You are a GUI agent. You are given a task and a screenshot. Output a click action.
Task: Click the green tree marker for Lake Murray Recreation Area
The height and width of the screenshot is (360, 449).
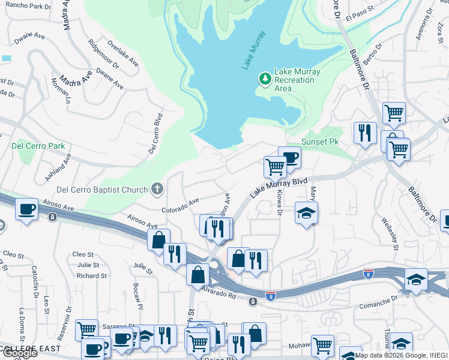click(265, 79)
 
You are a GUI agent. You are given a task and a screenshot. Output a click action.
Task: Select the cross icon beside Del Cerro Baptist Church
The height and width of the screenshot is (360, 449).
click(157, 190)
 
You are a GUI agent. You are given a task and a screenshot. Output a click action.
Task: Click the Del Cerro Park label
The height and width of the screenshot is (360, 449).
click(38, 146)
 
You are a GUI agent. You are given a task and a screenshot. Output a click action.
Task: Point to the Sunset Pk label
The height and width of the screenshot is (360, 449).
click(324, 142)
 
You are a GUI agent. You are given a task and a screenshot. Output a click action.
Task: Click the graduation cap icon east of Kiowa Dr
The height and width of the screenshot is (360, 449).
click(306, 212)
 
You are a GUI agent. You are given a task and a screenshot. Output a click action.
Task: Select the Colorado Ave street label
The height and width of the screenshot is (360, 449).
click(180, 206)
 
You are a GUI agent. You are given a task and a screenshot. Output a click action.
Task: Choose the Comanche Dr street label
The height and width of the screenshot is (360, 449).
click(379, 302)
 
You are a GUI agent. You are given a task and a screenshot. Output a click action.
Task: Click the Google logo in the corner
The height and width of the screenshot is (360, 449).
click(20, 353)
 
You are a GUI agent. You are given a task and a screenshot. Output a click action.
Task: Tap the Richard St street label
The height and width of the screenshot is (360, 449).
click(92, 276)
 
